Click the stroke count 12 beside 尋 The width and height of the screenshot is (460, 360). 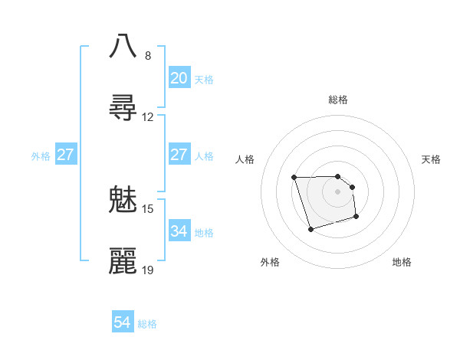[x=148, y=117]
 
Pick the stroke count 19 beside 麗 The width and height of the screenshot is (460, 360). [x=148, y=270]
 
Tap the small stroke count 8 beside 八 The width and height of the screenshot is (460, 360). [x=148, y=56]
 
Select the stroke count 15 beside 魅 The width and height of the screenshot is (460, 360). [x=148, y=209]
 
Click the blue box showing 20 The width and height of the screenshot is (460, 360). [x=179, y=78]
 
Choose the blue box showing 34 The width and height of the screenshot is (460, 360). [x=179, y=231]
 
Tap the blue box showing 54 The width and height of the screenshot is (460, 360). [x=123, y=323]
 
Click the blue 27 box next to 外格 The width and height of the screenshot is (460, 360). [x=66, y=155]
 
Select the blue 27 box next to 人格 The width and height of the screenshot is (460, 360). [x=179, y=155]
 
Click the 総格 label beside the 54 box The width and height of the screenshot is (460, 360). [x=147, y=324]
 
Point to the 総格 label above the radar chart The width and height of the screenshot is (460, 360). [x=338, y=100]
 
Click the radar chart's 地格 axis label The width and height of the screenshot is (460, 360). [x=402, y=262]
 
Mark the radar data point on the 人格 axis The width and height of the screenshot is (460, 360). [x=294, y=178]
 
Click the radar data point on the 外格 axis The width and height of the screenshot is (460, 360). [x=310, y=229]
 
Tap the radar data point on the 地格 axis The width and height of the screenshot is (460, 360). [x=357, y=218]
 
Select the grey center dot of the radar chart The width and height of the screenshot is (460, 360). [x=338, y=191]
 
